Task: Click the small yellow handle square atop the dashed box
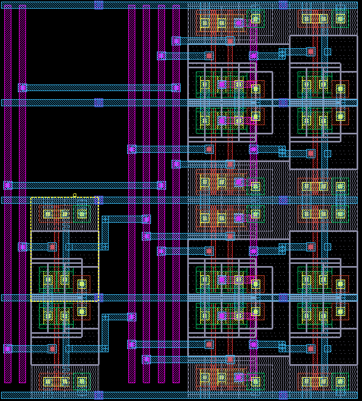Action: tap(75, 196)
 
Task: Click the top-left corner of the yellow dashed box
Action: tap(31, 198)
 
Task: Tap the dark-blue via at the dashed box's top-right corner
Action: tap(98, 200)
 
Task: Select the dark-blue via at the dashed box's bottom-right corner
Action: tap(98, 297)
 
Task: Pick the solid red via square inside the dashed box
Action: tap(52, 247)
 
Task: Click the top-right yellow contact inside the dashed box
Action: tap(82, 214)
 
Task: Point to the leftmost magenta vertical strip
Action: tap(8, 195)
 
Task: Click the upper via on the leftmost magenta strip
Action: tap(8, 185)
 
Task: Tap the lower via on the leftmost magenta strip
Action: tap(8, 348)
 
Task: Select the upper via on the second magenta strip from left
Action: tap(22, 87)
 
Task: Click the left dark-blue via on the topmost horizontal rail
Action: tap(98, 5)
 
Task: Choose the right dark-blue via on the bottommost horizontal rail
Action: tap(283, 395)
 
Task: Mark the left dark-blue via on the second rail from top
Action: tap(98, 102)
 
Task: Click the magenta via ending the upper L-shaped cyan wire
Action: tap(146, 219)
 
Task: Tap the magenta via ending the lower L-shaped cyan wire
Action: tap(131, 316)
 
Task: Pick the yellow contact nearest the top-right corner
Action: tap(340, 19)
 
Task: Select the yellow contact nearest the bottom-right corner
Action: tap(340, 381)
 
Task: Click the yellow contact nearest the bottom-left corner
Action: tap(48, 381)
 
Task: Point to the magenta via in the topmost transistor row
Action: tap(239, 23)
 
